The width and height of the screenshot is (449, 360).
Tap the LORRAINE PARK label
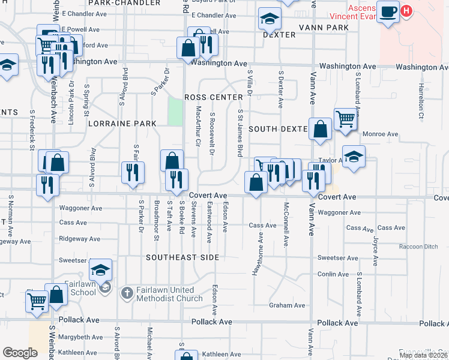pyautogui.click(x=122, y=124)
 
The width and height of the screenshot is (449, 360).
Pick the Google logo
pyautogui.click(x=20, y=352)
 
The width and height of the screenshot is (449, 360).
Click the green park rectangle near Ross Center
pyautogui.click(x=175, y=112)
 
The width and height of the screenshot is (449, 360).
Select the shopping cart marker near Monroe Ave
pyautogui.click(x=345, y=118)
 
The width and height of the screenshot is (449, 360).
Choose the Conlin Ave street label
pyautogui.click(x=333, y=274)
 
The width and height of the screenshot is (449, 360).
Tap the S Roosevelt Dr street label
pyautogui.click(x=212, y=134)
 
